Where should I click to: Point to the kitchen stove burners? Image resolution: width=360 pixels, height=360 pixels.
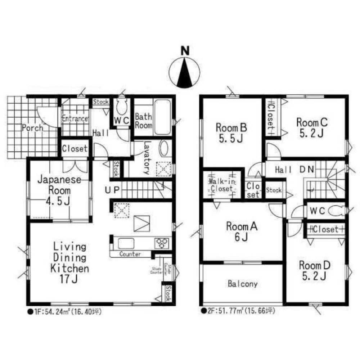click(x=162, y=243)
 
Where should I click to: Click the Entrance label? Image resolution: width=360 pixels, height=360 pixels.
click(x=75, y=118)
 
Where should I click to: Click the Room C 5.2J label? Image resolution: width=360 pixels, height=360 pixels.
click(x=311, y=127)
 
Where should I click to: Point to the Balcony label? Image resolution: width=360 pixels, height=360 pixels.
click(x=242, y=284)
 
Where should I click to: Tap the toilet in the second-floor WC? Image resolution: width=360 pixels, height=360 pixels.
click(x=334, y=211)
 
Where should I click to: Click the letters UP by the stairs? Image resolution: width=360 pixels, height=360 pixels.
click(x=111, y=189)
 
